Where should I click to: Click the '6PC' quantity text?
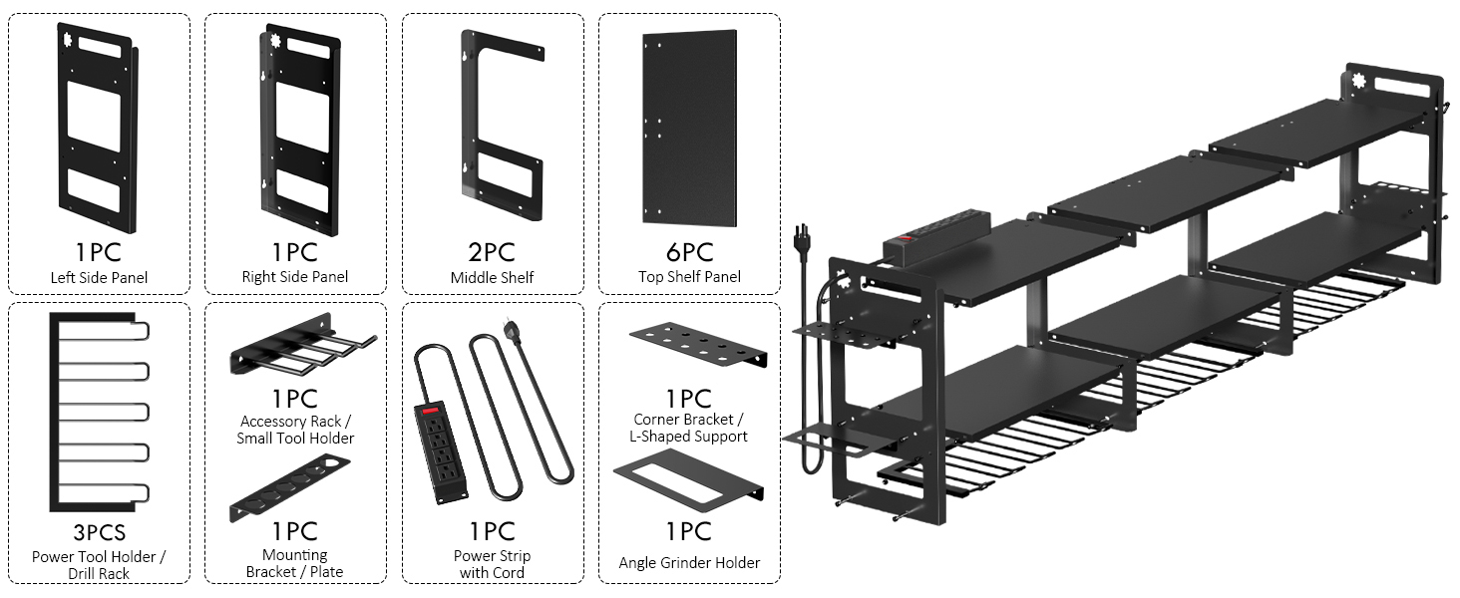pos(689,251)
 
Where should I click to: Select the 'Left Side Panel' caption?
pos(99,277)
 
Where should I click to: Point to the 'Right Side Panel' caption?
pos(295,276)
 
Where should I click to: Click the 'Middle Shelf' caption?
pos(492,276)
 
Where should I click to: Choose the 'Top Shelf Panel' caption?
pos(689,276)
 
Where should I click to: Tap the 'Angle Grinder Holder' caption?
pos(689,563)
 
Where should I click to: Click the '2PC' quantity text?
pos(492,251)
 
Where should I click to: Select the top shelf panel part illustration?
pos(690,128)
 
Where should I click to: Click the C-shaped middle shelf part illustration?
pos(499,126)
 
